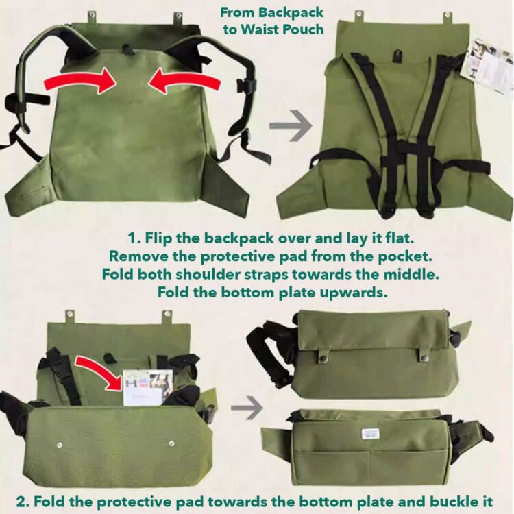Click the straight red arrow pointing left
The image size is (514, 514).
pos(185,82)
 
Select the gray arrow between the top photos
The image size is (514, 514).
pos(291,126)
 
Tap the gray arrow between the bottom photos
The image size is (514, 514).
pos(246,408)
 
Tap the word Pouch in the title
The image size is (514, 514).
pos(304,29)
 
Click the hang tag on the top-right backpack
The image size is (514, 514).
pos(488,66)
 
